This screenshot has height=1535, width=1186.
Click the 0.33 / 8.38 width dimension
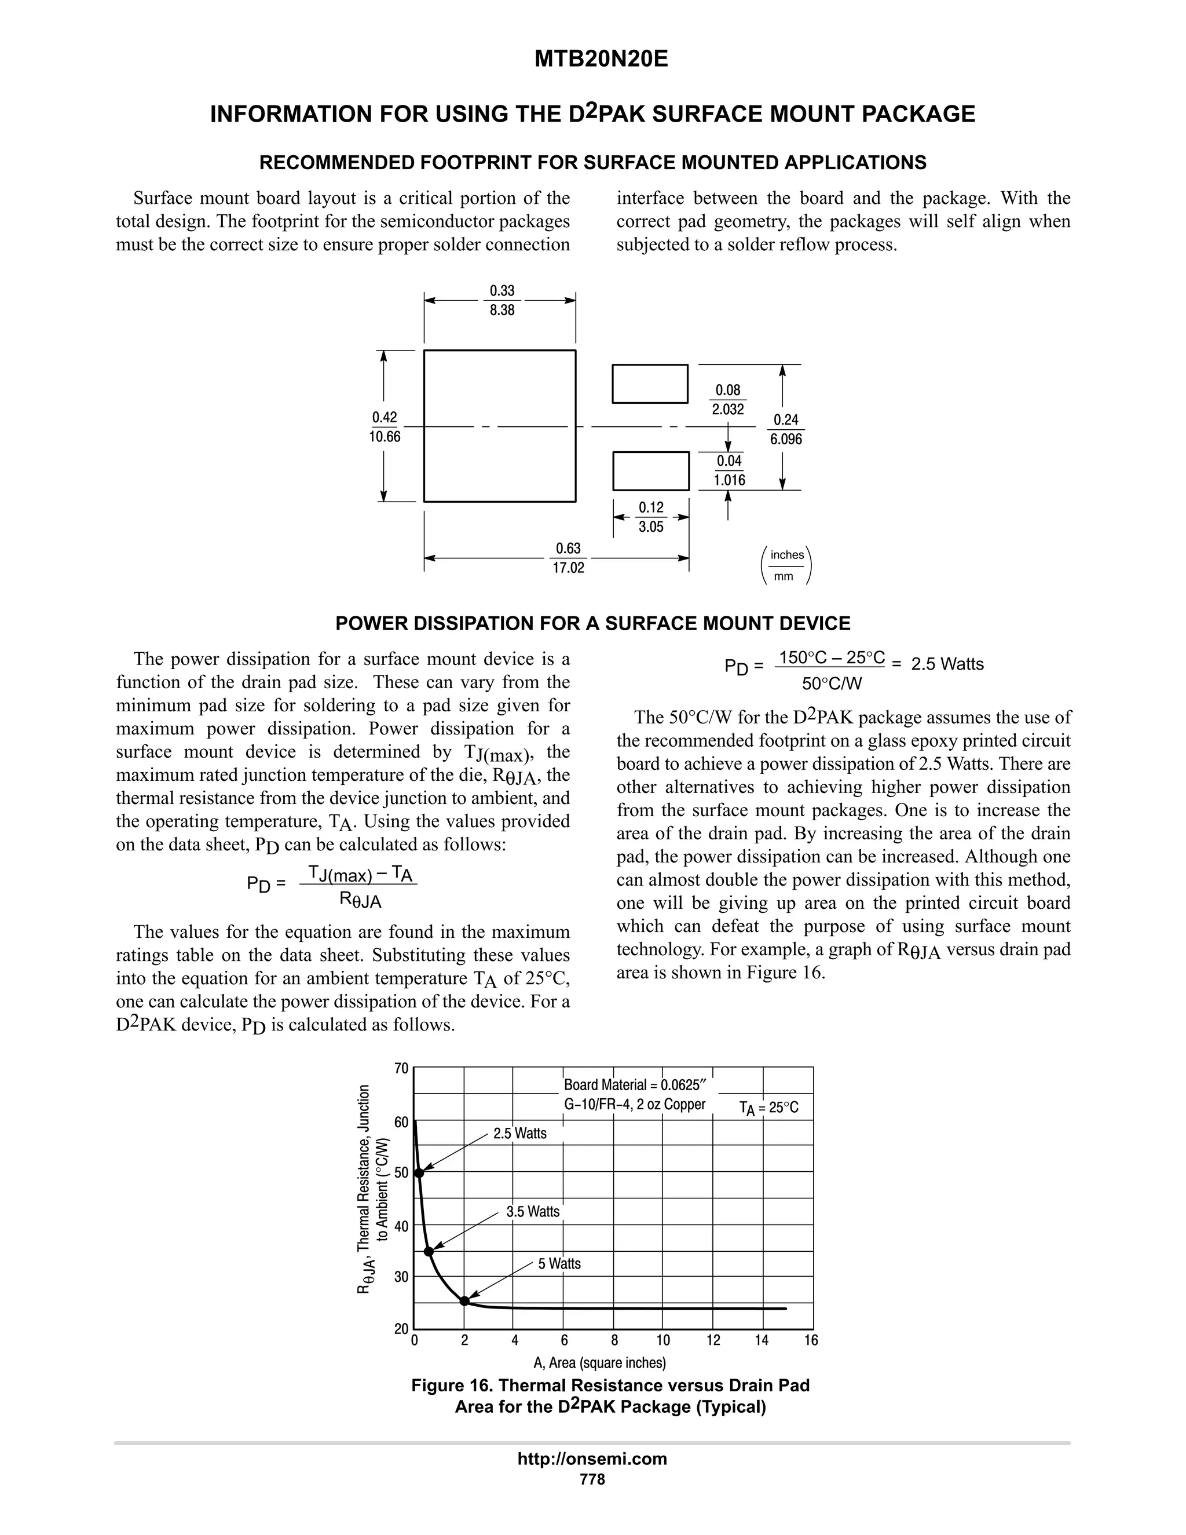[502, 300]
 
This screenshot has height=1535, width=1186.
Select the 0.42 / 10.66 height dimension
[385, 427]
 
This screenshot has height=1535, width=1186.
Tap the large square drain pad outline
[500, 426]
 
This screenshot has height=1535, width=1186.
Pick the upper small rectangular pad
[650, 383]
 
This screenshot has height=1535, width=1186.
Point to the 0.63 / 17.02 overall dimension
[569, 557]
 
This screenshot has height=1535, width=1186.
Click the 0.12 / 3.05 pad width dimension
[650, 517]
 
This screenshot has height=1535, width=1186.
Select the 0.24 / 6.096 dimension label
[785, 429]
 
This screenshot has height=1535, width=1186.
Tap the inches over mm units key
[786, 565]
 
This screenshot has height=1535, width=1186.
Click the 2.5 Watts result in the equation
[947, 664]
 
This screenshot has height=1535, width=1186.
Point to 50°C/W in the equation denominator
[832, 683]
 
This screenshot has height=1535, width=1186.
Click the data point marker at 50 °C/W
[419, 1172]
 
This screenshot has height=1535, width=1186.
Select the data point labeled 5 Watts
[464, 1301]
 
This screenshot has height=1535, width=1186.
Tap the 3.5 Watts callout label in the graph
[533, 1212]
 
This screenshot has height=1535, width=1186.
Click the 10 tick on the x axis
[663, 1340]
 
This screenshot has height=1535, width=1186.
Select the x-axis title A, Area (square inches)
[599, 1363]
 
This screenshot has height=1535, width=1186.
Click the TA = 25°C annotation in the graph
[768, 1108]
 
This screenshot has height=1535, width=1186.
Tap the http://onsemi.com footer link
[592, 1459]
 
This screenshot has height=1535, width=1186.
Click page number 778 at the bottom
[592, 1479]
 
